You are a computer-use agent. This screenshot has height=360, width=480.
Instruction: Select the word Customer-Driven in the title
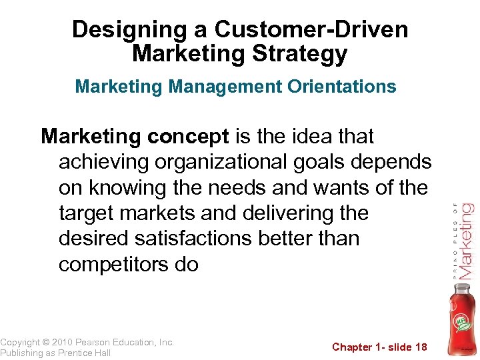pyautogui.click(x=312, y=29)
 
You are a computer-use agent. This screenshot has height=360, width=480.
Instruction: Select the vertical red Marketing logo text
pyautogui.click(x=466, y=241)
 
